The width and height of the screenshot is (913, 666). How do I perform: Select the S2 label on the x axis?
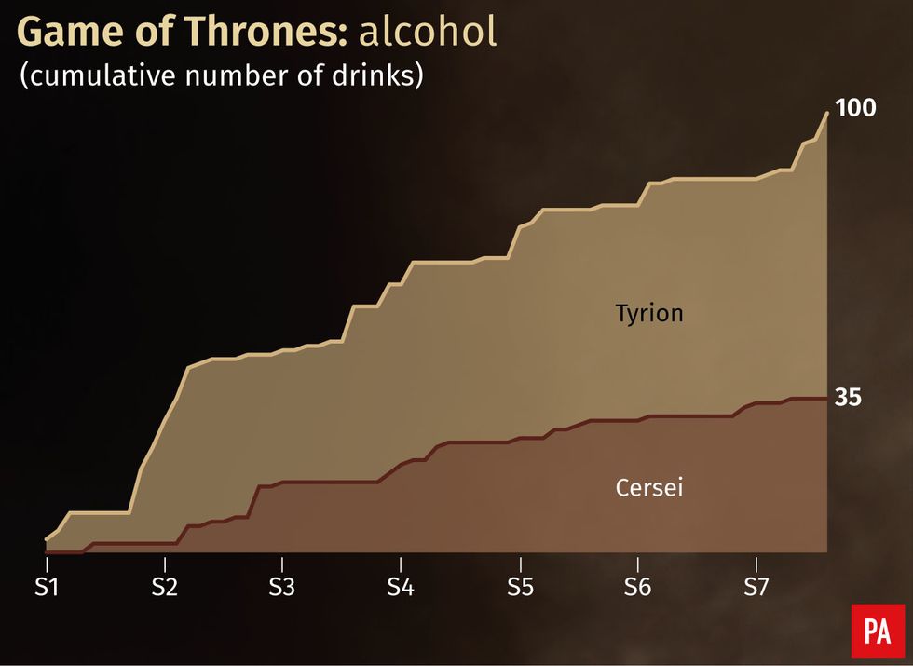pyautogui.click(x=164, y=589)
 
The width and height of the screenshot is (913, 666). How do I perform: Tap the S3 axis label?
pyautogui.click(x=282, y=589)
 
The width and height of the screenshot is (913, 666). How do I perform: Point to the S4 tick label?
pyautogui.click(x=401, y=589)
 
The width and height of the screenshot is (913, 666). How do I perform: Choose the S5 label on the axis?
pyautogui.click(x=519, y=589)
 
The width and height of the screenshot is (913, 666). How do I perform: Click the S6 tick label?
pyautogui.click(x=637, y=589)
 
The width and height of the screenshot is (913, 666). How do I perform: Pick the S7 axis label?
pyautogui.click(x=756, y=589)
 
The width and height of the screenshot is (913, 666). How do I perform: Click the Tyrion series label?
pyautogui.click(x=649, y=313)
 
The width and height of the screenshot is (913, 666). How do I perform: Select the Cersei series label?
pyautogui.click(x=649, y=487)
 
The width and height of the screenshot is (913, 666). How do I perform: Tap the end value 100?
pyautogui.click(x=855, y=108)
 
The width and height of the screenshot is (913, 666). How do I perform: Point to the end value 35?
pyautogui.click(x=848, y=398)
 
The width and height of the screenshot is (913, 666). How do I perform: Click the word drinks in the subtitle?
pyautogui.click(x=376, y=76)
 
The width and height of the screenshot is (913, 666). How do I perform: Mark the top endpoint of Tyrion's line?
pyautogui.click(x=827, y=113)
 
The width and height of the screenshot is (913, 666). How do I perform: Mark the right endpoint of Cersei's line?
pyautogui.click(x=827, y=398)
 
